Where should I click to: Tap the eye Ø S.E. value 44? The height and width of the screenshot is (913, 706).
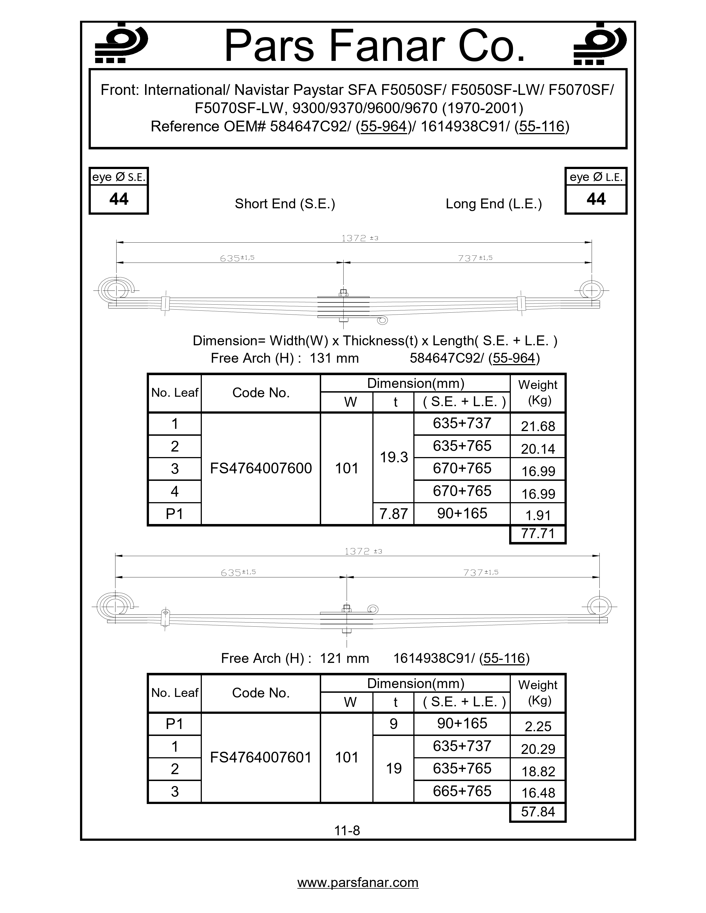coord(119,199)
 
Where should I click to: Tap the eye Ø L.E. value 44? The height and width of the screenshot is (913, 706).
coord(596,199)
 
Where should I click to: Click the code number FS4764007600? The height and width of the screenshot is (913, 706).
coord(261,468)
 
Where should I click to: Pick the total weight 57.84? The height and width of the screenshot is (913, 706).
coord(537,812)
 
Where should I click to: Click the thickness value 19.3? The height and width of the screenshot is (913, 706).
coord(394,457)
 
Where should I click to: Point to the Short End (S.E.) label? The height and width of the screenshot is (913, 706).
coord(285,204)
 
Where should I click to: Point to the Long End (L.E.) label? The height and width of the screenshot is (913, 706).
coord(494,204)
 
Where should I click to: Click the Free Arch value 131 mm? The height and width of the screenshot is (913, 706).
coord(334,358)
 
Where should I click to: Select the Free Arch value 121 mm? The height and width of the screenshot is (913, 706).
coord(344,658)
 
